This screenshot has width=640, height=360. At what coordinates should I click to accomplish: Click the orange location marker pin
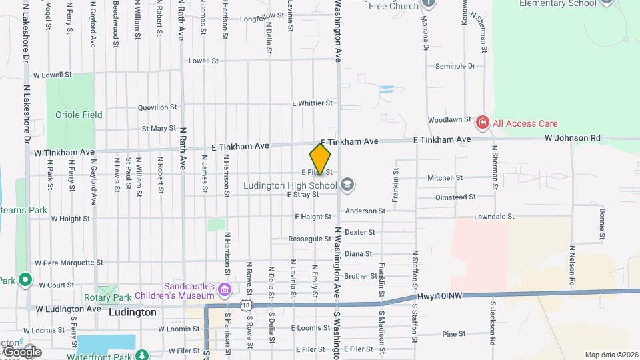point(320,159)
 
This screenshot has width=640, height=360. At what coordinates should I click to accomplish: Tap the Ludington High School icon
point(347,183)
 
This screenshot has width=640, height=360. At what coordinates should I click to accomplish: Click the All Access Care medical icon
point(481,123)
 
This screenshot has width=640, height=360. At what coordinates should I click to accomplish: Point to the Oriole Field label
point(79,115)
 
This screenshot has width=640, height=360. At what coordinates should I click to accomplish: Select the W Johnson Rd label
point(572,138)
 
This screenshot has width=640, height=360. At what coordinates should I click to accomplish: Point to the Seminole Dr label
point(455,66)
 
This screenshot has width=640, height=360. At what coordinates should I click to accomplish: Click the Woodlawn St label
point(449,120)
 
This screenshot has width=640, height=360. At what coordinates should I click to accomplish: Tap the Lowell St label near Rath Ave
point(203,61)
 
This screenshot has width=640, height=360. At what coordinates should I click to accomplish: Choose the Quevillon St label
point(157,107)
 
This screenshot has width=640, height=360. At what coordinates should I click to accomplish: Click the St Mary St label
point(159,128)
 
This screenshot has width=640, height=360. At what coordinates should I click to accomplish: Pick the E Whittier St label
point(312,103)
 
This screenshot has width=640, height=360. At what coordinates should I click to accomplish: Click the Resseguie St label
point(309,239)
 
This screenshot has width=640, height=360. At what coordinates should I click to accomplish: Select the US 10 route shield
point(247,304)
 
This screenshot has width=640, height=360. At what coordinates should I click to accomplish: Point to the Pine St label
point(453,334)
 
